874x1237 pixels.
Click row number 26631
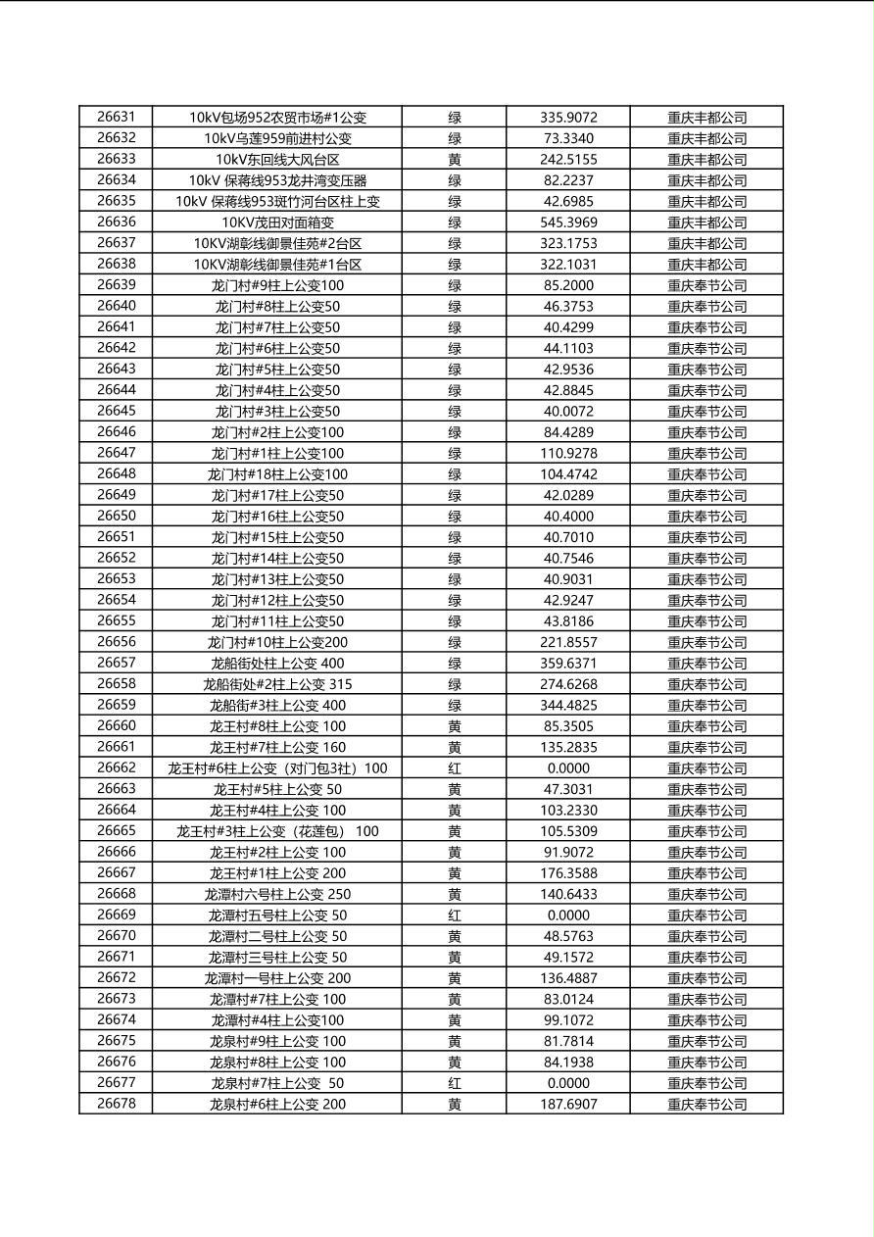pos(116,117)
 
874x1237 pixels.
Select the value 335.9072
pos(568,117)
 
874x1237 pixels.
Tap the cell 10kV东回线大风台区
pos(277,159)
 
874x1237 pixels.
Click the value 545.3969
pos(568,222)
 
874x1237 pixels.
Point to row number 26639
pos(116,284)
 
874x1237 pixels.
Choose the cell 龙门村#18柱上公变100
pos(277,473)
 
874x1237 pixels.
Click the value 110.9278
pos(568,453)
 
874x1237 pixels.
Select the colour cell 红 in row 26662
pos(455,767)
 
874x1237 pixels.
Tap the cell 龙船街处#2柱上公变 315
pos(277,684)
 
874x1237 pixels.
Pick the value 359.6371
pos(568,663)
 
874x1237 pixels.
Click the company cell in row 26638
pos(706,264)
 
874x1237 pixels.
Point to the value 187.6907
pos(568,1104)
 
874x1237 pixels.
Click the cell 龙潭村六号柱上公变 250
pos(277,894)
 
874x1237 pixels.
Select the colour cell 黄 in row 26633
pos(455,159)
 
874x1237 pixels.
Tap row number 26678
pos(116,1104)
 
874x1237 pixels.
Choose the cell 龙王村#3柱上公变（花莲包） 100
pos(277,831)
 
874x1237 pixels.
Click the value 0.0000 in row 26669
pos(568,915)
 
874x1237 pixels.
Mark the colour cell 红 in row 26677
pos(455,1083)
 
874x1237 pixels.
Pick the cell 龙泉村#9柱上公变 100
pos(277,1041)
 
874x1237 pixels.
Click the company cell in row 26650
pos(706,516)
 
